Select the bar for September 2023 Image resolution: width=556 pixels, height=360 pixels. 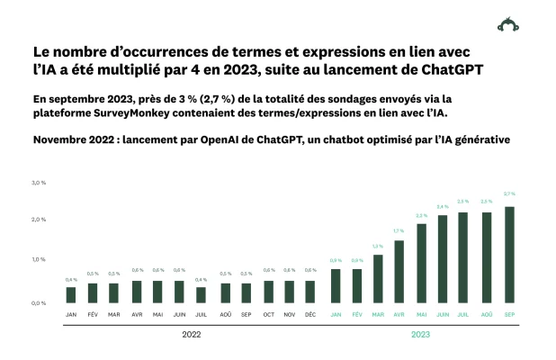tap(509, 255)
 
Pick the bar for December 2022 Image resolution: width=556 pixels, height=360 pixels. tap(310, 292)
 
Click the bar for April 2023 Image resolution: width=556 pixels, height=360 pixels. tap(399, 272)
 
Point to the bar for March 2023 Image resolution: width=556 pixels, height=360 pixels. tap(378, 279)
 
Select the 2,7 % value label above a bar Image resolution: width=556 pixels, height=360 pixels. tap(509, 193)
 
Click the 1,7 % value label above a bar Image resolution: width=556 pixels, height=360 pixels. tap(399, 231)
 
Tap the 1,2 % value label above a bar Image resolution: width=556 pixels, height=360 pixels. tap(378, 246)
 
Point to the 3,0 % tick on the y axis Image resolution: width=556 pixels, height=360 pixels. tap(40, 183)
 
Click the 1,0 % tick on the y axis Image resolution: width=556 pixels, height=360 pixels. tap(40, 259)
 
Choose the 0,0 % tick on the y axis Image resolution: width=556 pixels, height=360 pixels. tap(40, 303)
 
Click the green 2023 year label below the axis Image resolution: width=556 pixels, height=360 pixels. tap(421, 334)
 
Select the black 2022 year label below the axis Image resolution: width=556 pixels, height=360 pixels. tap(191, 334)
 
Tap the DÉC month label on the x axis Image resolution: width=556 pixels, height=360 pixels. tap(310, 314)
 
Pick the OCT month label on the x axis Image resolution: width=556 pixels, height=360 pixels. tap(268, 314)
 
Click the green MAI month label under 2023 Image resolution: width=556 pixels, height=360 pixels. tap(421, 314)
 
